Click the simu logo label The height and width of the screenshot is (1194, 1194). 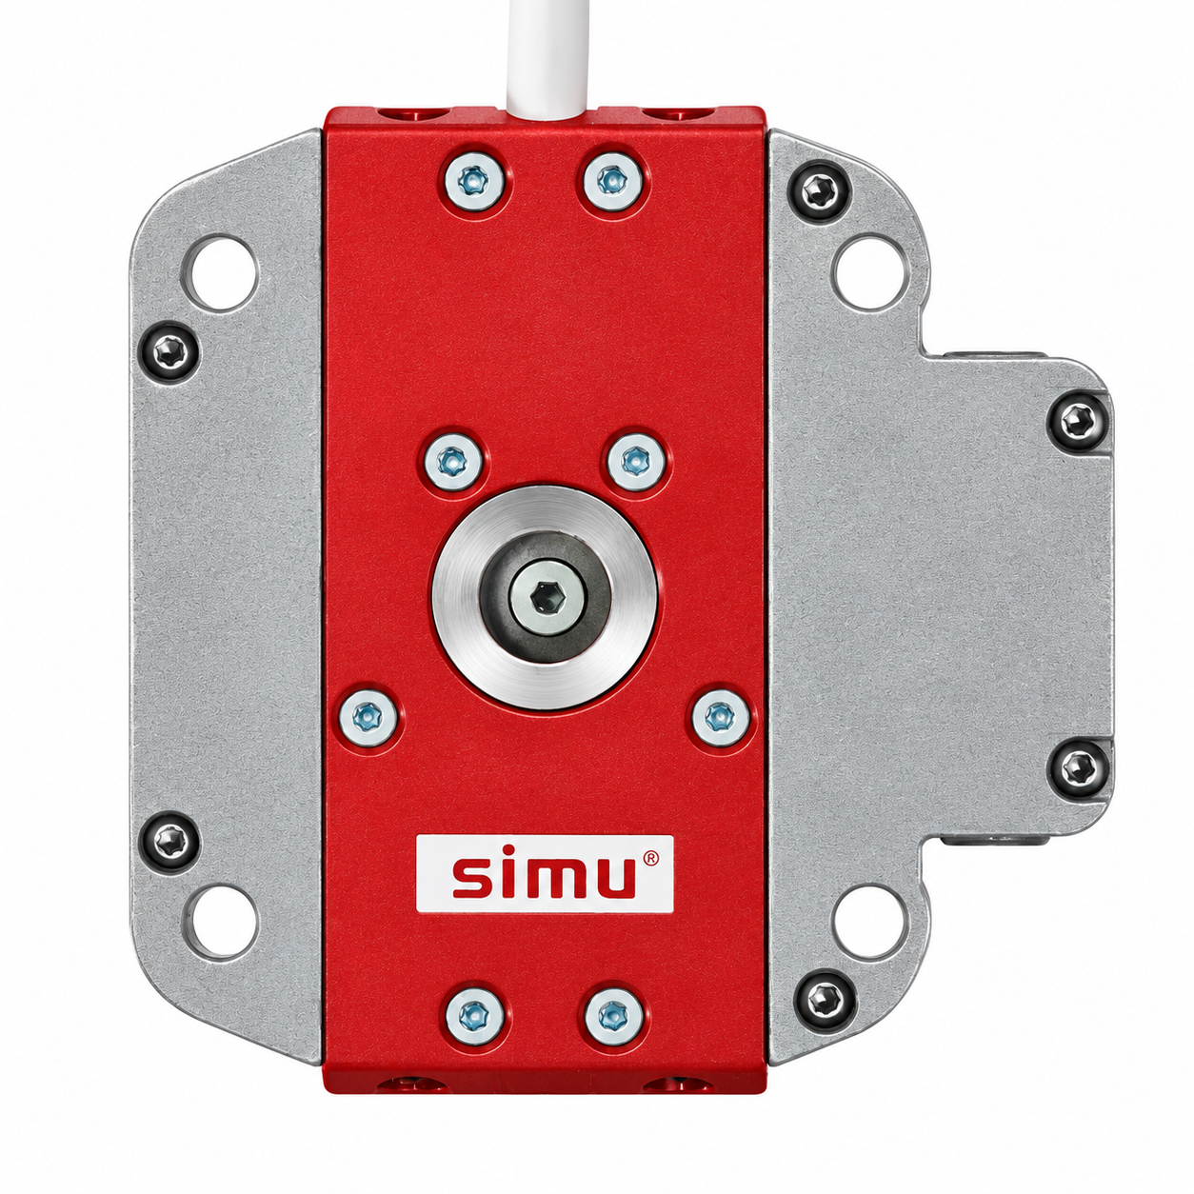click(544, 874)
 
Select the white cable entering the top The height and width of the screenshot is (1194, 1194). click(547, 62)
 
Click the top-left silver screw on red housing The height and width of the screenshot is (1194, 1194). click(473, 181)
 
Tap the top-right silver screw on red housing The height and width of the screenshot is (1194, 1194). click(611, 181)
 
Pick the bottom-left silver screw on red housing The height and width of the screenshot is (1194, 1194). click(473, 1014)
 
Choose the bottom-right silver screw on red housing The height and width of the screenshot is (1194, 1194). click(611, 1014)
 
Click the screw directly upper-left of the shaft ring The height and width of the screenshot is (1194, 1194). click(453, 461)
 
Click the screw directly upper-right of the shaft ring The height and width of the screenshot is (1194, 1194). click(635, 461)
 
